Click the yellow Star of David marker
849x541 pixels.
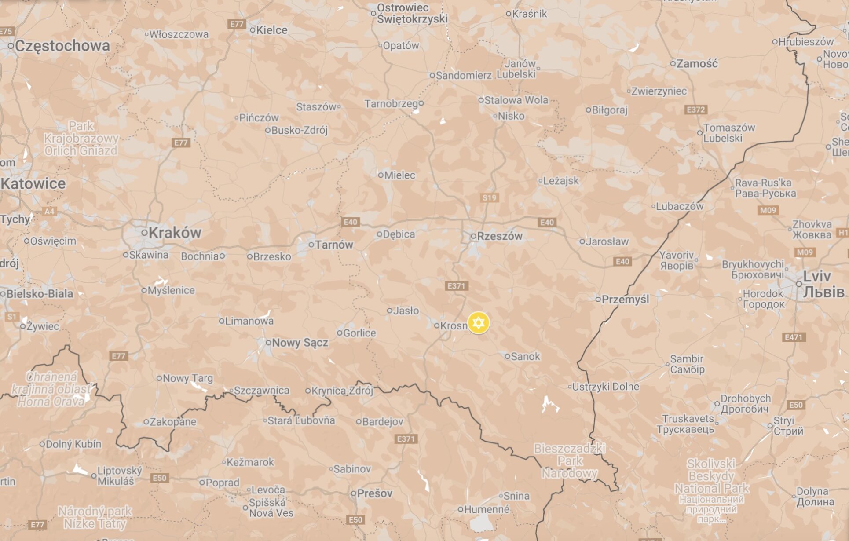(478, 323)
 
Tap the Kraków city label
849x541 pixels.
(175, 233)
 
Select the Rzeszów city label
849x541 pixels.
(500, 236)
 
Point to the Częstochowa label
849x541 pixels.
(62, 46)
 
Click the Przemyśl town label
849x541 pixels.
(625, 300)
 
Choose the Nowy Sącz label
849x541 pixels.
(300, 343)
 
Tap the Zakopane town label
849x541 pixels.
(173, 422)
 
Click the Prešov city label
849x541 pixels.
(374, 493)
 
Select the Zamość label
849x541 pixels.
(697, 64)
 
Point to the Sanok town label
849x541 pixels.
(525, 356)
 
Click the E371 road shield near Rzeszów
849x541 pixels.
(456, 286)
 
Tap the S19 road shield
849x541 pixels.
(490, 197)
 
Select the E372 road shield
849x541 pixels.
(695, 110)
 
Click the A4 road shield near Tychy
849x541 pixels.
(49, 212)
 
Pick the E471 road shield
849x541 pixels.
(794, 337)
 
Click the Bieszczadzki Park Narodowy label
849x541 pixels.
(569, 461)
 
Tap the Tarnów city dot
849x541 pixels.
(311, 245)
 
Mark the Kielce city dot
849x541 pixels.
(253, 30)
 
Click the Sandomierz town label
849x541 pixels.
(463, 76)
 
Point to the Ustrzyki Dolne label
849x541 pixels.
(605, 387)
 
